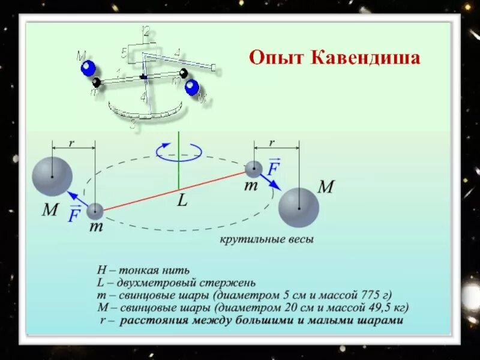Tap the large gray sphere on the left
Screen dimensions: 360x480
coord(53,176)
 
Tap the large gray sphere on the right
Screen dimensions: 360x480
coord(298,207)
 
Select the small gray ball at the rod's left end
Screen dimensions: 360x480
coord(95,211)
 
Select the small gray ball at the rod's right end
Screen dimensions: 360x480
coord(254,169)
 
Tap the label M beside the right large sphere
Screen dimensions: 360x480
coord(325,187)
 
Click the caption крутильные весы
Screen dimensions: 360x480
coord(266,239)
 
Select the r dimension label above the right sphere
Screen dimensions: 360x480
coord(272,143)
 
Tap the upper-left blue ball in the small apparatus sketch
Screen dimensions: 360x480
coord(88,68)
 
